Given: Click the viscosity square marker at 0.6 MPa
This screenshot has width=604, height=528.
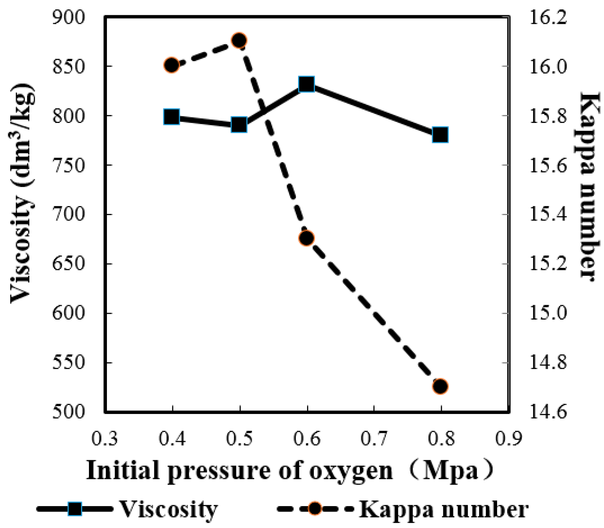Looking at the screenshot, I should point(307,84).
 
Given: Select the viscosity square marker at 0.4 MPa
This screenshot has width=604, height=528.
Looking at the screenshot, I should point(172,117).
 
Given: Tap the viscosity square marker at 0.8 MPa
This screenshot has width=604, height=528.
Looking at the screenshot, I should point(440,135).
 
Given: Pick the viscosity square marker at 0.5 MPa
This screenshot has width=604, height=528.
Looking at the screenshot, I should point(239,125).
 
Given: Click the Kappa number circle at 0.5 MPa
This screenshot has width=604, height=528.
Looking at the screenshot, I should point(239,40).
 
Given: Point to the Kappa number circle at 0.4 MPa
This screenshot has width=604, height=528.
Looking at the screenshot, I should point(172,65).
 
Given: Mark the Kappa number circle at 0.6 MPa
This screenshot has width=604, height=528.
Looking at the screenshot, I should point(306,238).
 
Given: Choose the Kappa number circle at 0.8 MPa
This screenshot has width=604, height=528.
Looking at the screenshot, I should point(440,387).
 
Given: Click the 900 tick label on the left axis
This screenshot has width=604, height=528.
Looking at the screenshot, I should point(69,18).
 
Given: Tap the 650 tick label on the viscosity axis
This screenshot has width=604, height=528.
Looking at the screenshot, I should point(69,264).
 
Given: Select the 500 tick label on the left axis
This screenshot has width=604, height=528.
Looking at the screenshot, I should point(69,412).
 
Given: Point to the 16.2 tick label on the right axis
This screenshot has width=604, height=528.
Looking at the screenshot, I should point(548,18).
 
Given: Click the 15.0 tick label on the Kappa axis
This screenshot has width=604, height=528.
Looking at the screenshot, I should point(548,313).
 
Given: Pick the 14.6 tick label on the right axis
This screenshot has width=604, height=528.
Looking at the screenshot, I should point(548,412).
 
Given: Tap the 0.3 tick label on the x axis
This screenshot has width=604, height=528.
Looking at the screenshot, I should point(105,439).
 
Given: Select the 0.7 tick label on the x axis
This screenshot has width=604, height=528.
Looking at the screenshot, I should point(374,439).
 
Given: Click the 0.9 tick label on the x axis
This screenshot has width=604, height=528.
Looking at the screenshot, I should point(508,439).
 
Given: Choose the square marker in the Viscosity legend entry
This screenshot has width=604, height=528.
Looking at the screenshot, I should point(75,509).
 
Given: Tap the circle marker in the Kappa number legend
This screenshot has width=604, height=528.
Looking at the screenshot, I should point(315,509).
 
